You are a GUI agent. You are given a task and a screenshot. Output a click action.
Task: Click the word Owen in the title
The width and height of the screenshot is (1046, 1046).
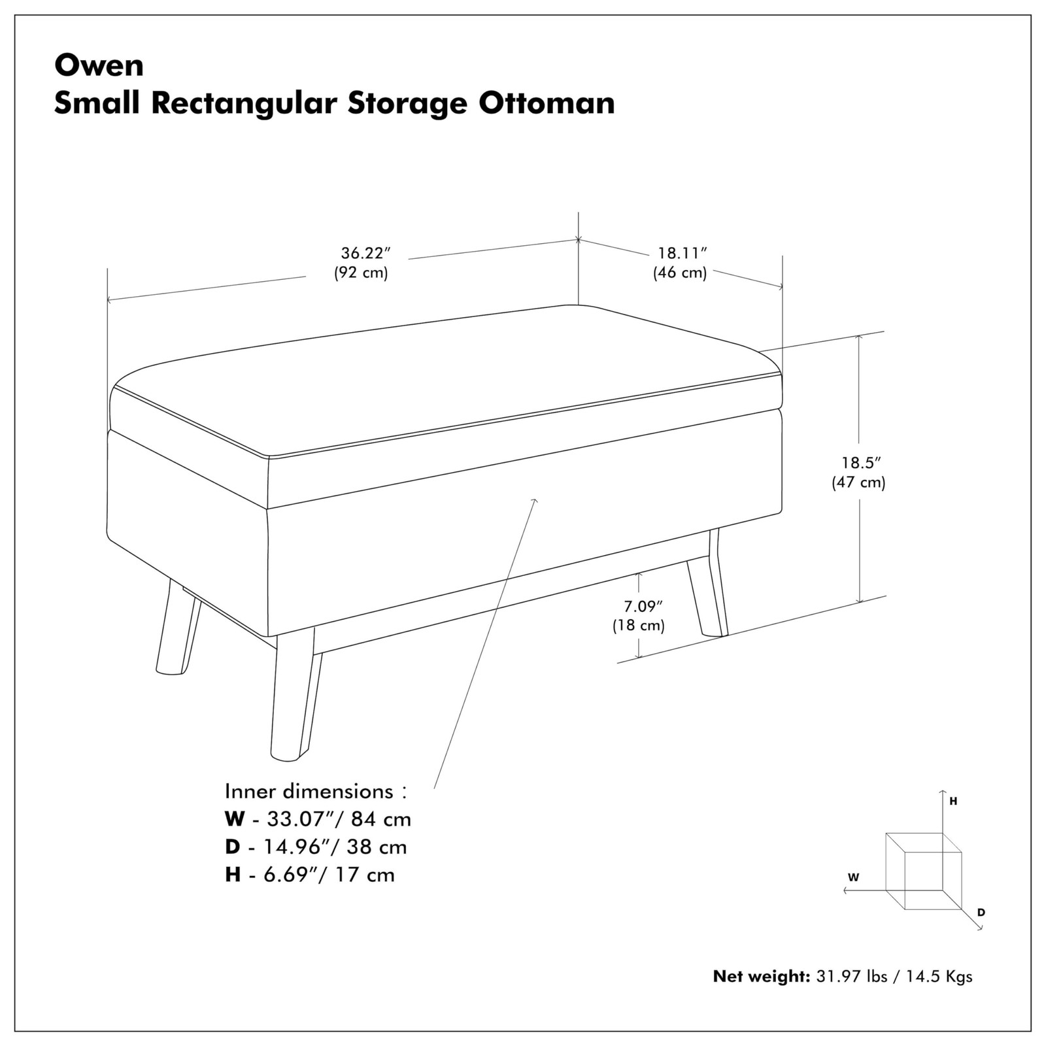[x=99, y=65]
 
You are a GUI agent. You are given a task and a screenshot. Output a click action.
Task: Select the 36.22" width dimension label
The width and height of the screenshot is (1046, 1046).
[x=365, y=252]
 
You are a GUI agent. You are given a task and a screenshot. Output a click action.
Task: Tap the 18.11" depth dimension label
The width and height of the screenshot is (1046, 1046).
[x=683, y=253]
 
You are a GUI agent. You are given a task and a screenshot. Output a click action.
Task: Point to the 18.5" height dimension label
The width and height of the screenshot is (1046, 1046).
[x=861, y=463]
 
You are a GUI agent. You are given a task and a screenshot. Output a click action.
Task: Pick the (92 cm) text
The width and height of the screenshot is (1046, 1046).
[x=361, y=273]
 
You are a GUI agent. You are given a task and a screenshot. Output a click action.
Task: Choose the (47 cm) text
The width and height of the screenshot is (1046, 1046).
[x=858, y=483]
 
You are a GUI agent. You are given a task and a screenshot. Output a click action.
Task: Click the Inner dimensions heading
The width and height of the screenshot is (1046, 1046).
[x=316, y=791]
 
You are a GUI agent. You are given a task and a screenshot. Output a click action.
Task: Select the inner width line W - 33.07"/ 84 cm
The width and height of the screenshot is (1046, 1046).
[x=318, y=818]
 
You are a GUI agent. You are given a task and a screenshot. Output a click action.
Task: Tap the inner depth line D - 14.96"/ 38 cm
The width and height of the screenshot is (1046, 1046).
[x=316, y=847]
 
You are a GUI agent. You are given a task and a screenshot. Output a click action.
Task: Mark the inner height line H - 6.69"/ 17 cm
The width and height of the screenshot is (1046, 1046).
[x=310, y=875]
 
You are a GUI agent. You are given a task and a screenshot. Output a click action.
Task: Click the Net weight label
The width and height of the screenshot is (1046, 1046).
[x=761, y=977]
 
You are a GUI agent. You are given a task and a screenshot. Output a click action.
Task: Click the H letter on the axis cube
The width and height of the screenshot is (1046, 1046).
[x=953, y=801]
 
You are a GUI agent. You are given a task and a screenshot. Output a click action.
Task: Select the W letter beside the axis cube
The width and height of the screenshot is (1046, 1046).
[x=853, y=878]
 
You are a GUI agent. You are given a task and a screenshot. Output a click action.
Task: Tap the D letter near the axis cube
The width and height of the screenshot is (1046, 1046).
[x=981, y=912]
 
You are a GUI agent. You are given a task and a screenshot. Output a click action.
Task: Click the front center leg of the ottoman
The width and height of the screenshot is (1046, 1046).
[x=294, y=700]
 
